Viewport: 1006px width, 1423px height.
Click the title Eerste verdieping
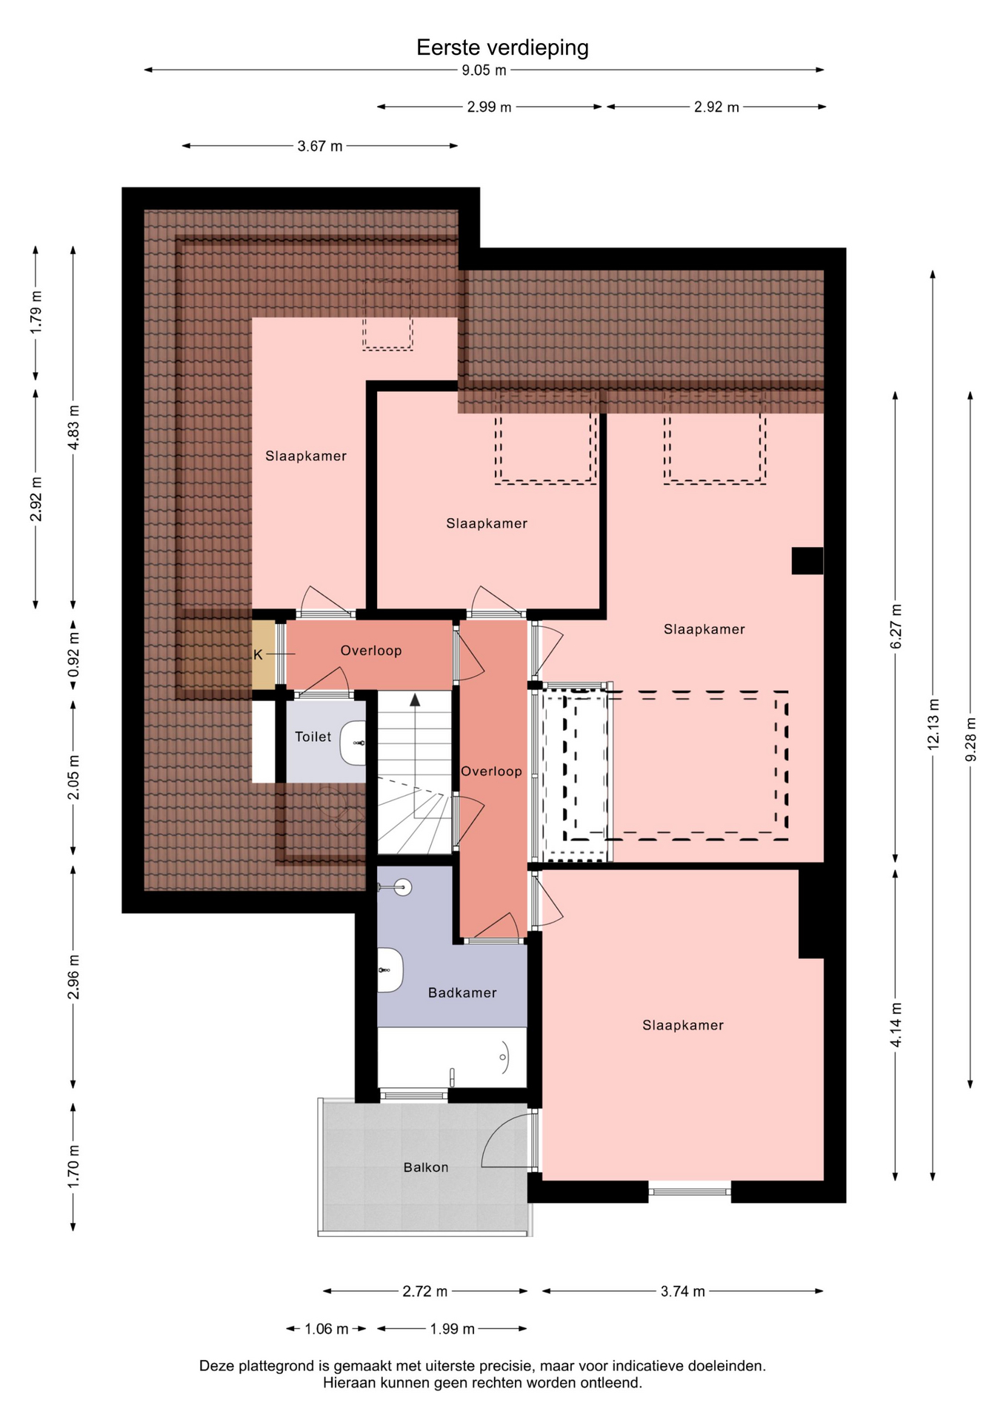click(502, 48)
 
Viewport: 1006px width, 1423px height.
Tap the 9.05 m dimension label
click(484, 70)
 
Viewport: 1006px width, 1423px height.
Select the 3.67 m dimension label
click(320, 146)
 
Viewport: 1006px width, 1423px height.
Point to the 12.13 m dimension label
click(933, 724)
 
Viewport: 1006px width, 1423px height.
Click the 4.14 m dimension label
click(896, 1025)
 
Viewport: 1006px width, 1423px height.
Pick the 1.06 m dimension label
click(326, 1329)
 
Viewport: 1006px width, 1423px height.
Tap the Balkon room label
click(426, 1167)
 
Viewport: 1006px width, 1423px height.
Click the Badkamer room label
click(462, 992)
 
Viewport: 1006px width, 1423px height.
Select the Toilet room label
click(313, 737)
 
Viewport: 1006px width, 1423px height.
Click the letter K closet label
click(258, 655)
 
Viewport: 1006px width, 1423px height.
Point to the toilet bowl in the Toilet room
click(353, 743)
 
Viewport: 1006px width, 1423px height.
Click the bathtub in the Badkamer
click(452, 1058)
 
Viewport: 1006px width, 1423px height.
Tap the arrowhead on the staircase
click(415, 699)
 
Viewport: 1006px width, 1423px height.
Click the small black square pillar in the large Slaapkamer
click(807, 560)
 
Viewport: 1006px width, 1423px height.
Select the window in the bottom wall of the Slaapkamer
click(690, 1191)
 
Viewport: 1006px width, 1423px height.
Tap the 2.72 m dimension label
click(425, 1291)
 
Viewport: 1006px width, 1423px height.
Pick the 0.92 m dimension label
click(73, 654)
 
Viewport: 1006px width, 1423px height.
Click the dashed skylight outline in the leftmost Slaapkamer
click(387, 315)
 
